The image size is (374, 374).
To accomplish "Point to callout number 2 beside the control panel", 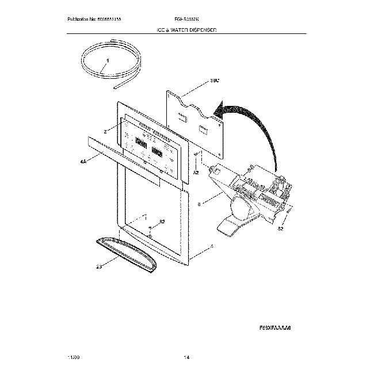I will tap(105, 132).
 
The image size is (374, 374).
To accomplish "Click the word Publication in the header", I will tap(79, 20).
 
